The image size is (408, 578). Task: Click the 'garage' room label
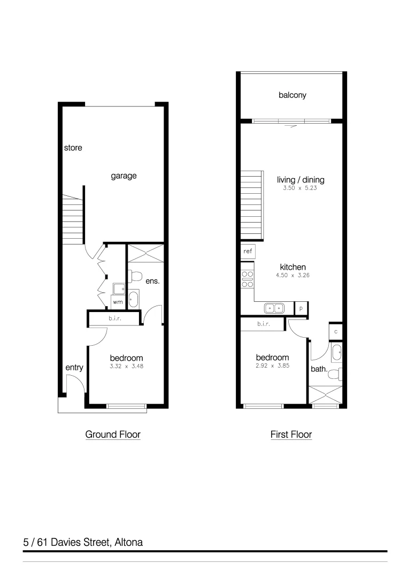[x=124, y=176]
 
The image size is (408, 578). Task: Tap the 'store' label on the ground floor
[x=73, y=148]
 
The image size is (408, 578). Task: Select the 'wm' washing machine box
[x=118, y=302]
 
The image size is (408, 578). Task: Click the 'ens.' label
[x=152, y=280]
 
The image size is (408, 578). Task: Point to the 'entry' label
[x=74, y=368]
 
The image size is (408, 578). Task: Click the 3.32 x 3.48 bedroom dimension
[x=126, y=367]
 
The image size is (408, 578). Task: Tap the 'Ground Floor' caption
[x=113, y=435]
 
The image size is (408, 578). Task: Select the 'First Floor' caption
[x=291, y=435]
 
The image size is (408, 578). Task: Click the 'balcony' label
[x=292, y=95]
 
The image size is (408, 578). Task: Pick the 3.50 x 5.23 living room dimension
[x=301, y=188]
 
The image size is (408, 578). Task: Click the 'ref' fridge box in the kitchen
[x=248, y=251]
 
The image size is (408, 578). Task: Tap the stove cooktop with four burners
[x=247, y=279]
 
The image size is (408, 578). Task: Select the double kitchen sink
[x=275, y=308]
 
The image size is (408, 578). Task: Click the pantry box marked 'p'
[x=301, y=308]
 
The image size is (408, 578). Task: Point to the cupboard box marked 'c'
[x=335, y=332]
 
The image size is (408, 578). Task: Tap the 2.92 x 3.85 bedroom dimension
[x=272, y=366]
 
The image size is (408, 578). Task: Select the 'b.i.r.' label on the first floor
[x=263, y=324]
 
